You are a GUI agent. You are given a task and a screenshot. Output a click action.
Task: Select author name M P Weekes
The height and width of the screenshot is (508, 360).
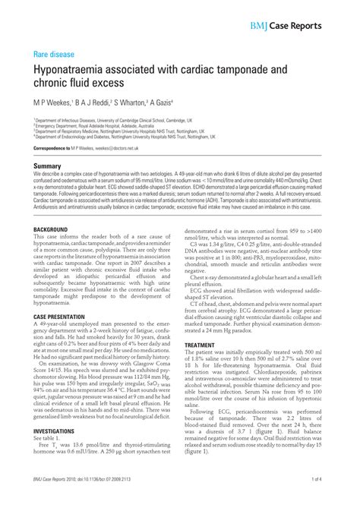55,101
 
